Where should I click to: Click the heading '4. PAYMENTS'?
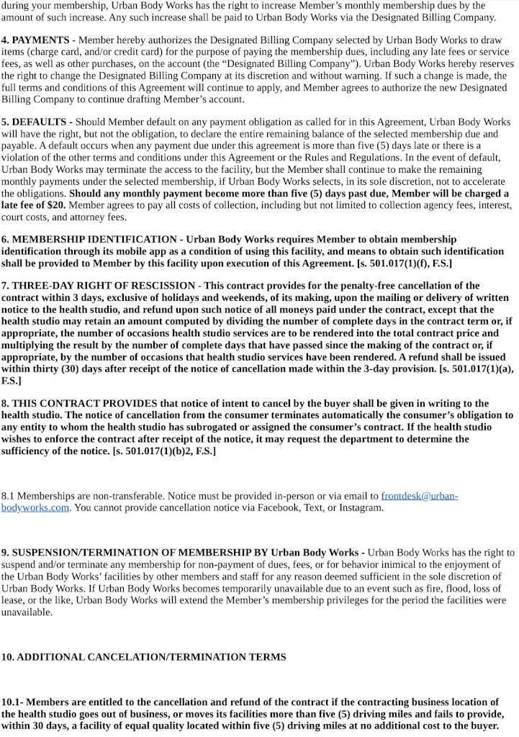tap(35, 40)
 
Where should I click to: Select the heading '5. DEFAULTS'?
tap(37, 122)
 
